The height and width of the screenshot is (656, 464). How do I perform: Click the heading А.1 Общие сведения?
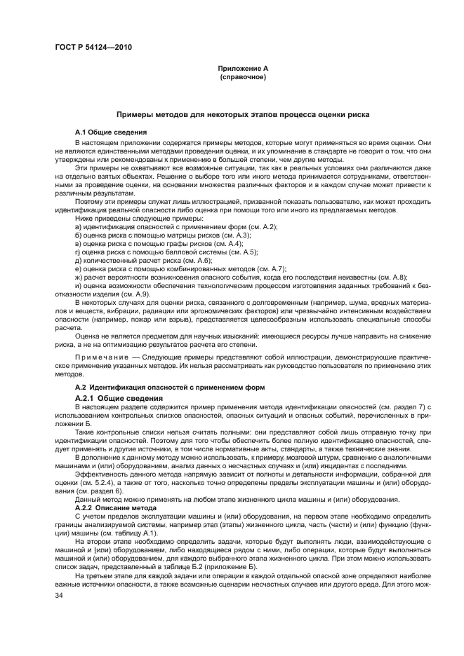point(111,132)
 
